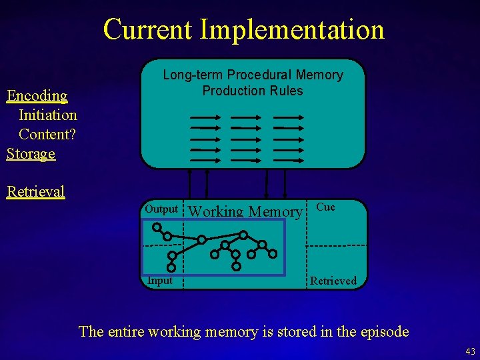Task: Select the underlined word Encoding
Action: point(37,95)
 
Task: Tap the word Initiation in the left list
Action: point(48,115)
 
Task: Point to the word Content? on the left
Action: point(47,134)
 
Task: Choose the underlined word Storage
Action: point(31,153)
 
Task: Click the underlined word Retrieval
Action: point(36,192)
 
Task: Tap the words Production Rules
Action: point(253,91)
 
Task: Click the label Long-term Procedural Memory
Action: point(253,75)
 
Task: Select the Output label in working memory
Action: point(161,209)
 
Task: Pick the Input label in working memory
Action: point(160,281)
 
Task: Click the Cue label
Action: point(325,207)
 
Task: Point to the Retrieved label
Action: point(333,281)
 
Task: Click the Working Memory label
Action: point(245,212)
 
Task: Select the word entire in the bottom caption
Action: point(127,331)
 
